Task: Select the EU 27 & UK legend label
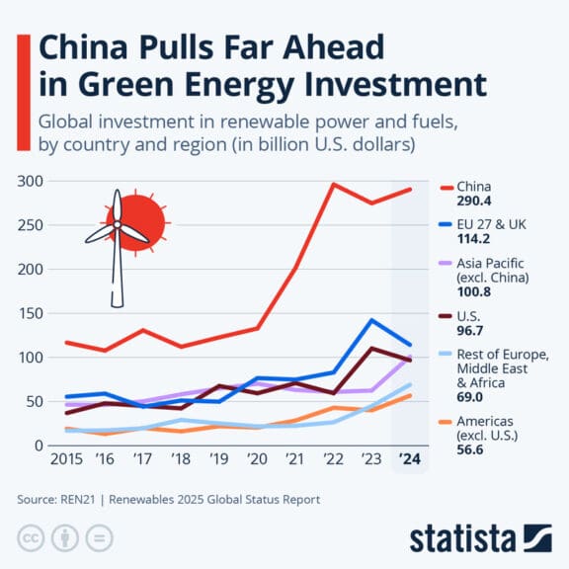[491, 224]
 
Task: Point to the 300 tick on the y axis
[29, 182]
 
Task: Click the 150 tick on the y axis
[29, 313]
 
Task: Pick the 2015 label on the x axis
[65, 460]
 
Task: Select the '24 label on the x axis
[410, 460]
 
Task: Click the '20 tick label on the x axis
[258, 460]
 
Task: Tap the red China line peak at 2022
[334, 185]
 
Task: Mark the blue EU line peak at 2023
[370, 320]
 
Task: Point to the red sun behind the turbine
[136, 219]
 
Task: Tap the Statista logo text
[463, 538]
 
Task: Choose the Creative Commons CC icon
[32, 538]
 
